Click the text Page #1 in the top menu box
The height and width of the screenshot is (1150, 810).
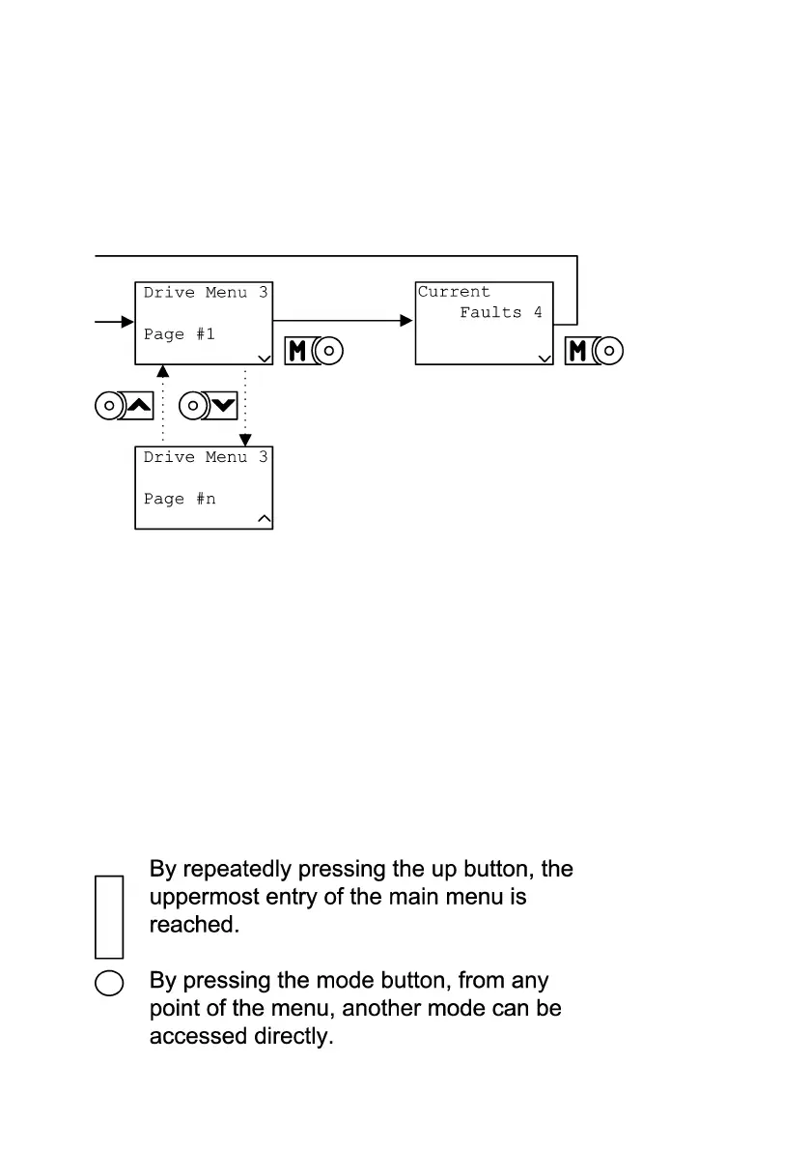pyautogui.click(x=180, y=334)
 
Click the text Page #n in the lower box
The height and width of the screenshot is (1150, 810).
pyautogui.click(x=180, y=499)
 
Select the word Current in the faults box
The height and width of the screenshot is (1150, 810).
pyautogui.click(x=454, y=292)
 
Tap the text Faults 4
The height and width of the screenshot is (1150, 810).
pyautogui.click(x=500, y=313)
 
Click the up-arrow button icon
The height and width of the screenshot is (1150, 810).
pyautogui.click(x=125, y=406)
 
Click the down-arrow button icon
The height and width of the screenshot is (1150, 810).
pyautogui.click(x=209, y=406)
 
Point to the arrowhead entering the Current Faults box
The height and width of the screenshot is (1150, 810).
pyautogui.click(x=407, y=320)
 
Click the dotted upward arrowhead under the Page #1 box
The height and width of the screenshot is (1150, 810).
pyautogui.click(x=162, y=371)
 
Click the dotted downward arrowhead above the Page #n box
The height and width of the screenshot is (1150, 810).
pyautogui.click(x=245, y=440)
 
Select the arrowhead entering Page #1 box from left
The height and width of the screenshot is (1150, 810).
pyautogui.click(x=126, y=321)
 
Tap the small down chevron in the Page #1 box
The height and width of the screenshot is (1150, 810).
pyautogui.click(x=265, y=358)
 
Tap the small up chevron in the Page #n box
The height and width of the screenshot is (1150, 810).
pyautogui.click(x=265, y=520)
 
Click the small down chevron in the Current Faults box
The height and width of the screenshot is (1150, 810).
pyautogui.click(x=545, y=358)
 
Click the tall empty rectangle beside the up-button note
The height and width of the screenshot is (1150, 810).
pyautogui.click(x=109, y=916)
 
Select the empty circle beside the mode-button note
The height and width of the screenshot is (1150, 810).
pyautogui.click(x=109, y=983)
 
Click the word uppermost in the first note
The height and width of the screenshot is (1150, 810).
pyautogui.click(x=196, y=897)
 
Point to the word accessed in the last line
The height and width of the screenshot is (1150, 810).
pyautogui.click(x=195, y=1037)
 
